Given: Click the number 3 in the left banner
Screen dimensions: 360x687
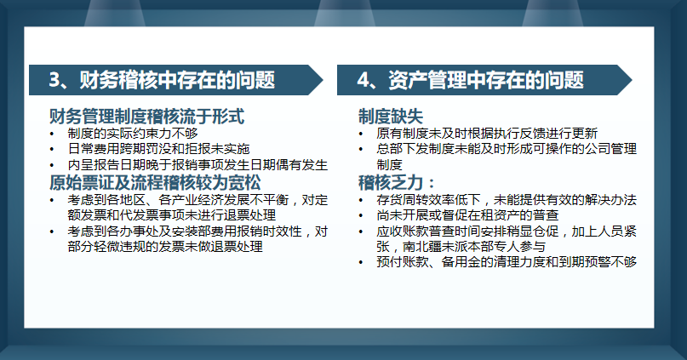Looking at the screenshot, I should [54, 80].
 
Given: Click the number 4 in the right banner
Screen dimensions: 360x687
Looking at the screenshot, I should [364, 80].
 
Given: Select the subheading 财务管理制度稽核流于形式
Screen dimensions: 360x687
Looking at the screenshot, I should [147, 116].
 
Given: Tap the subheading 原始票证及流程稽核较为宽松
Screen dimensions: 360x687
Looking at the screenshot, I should [156, 182].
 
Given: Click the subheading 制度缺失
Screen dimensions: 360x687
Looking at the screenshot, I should [391, 116].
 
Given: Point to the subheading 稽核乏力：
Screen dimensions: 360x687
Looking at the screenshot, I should [397, 182].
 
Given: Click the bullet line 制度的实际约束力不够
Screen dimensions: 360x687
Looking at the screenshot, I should [133, 133].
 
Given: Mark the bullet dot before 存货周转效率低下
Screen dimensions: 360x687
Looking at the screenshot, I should [363, 200].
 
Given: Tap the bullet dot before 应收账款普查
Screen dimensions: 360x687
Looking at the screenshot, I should [363, 231].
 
